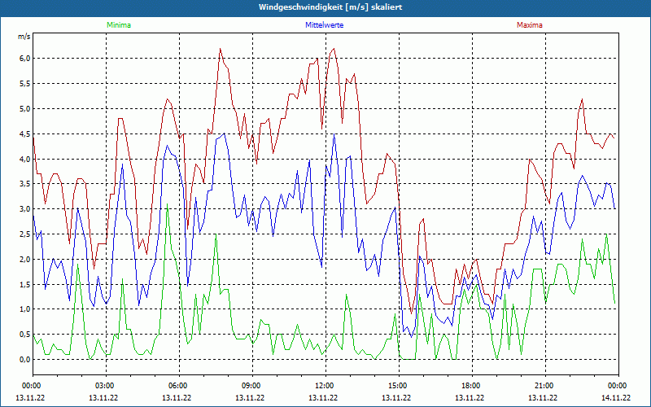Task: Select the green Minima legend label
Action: click(x=118, y=25)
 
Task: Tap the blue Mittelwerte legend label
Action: click(x=324, y=25)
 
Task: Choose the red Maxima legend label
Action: click(x=528, y=25)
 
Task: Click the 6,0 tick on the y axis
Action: click(x=24, y=59)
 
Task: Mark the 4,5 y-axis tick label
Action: click(x=24, y=133)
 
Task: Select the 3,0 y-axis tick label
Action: click(x=24, y=209)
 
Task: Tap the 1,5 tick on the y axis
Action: click(x=24, y=284)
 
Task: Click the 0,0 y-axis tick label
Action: click(x=24, y=359)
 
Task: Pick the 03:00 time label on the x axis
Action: click(x=105, y=386)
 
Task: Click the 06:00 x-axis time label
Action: click(x=178, y=386)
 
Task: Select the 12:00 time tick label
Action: click(x=325, y=386)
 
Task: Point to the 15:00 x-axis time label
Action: click(x=398, y=386)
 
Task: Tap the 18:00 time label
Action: click(x=471, y=386)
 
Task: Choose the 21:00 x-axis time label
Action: click(x=544, y=386)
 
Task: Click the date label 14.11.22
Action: click(x=616, y=398)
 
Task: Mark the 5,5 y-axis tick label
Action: click(x=24, y=84)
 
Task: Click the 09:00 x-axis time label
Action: click(x=251, y=386)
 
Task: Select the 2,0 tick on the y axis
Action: click(x=24, y=259)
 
